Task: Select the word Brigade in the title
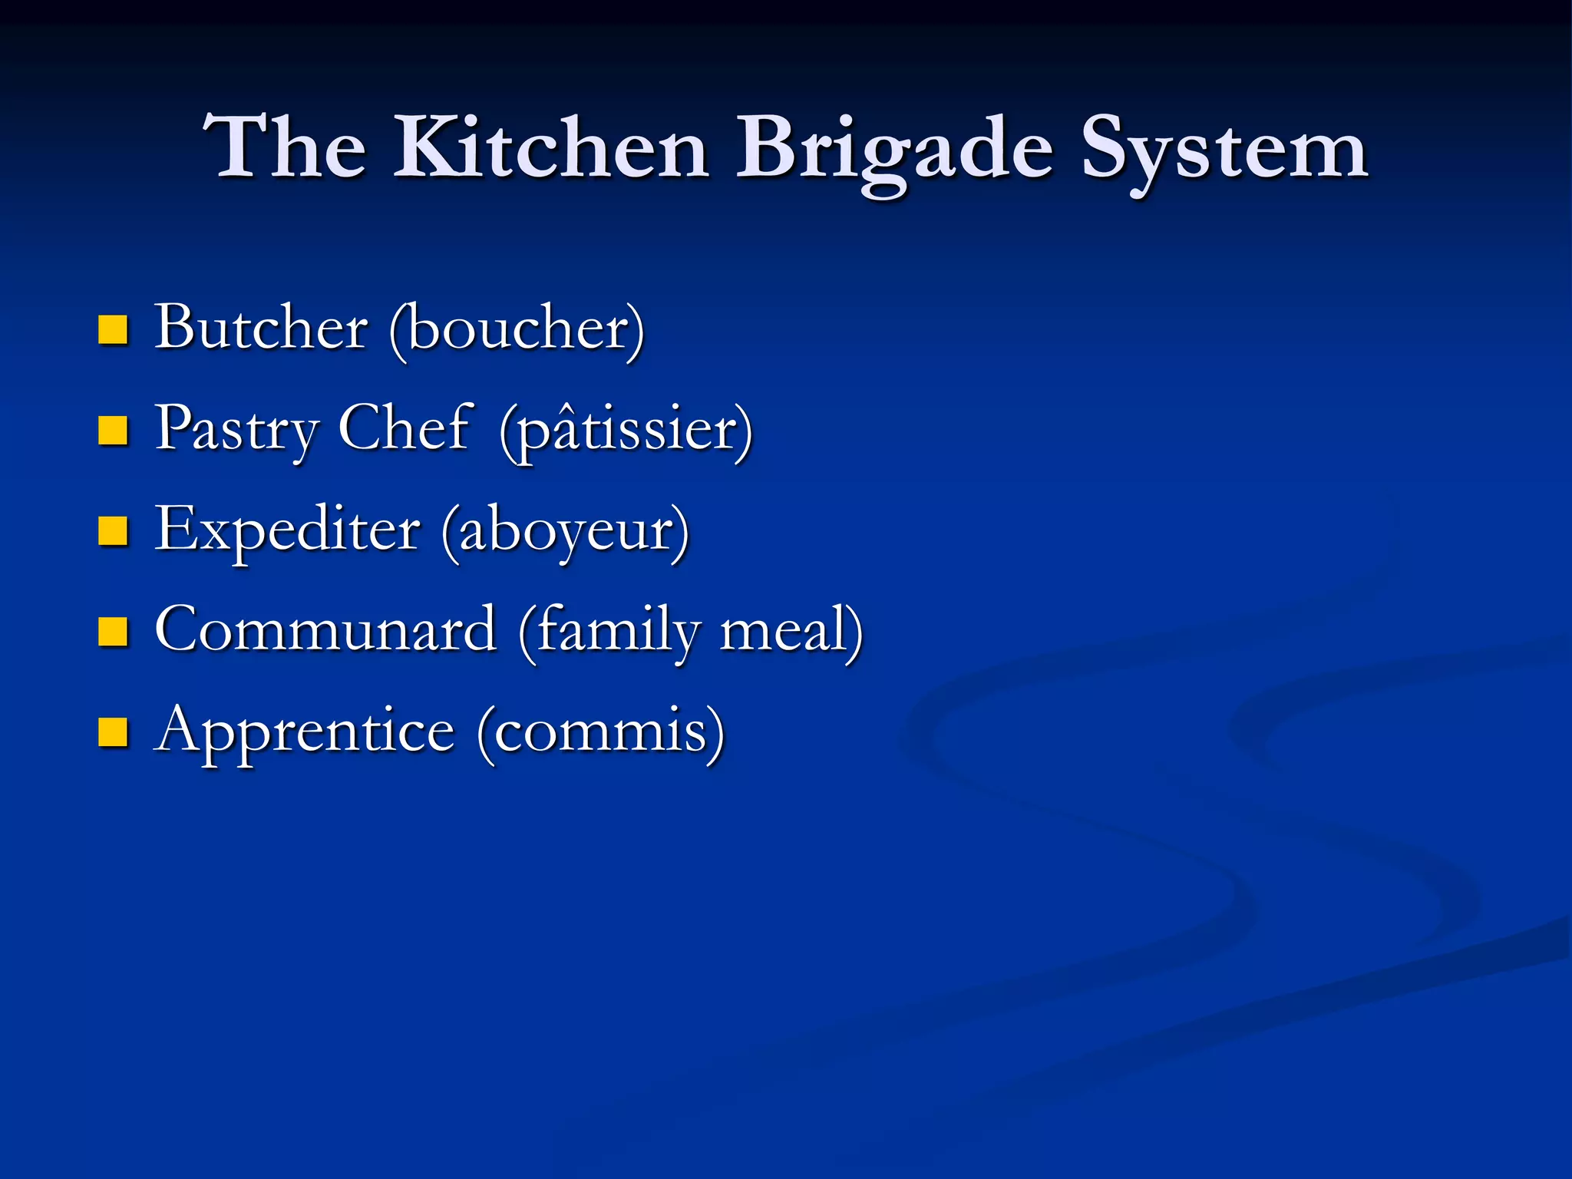point(894,150)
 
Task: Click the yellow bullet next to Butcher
point(113,329)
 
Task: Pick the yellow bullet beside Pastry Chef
point(113,431)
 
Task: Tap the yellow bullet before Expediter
point(113,530)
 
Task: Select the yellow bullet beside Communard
point(113,632)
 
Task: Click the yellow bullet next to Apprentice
point(113,732)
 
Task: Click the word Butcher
point(261,328)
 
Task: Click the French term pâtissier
point(626,431)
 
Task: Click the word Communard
point(325,629)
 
